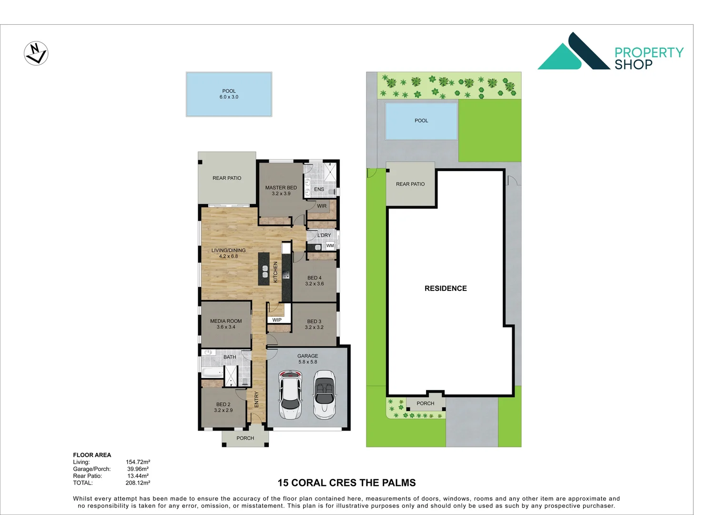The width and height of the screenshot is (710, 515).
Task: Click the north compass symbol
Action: [36, 53]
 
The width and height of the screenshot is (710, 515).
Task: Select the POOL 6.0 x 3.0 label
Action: [229, 94]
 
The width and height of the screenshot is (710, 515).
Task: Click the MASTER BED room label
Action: [281, 190]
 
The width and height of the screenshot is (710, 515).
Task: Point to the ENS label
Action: [319, 189]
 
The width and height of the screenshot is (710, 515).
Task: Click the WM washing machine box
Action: [330, 246]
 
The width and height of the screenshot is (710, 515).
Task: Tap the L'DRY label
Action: [324, 235]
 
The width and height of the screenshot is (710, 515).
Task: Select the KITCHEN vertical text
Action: [275, 272]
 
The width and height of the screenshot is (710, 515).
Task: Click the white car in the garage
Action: [290, 395]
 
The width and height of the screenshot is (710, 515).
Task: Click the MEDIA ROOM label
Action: [226, 324]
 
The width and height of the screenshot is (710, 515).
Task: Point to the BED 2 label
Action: [223, 407]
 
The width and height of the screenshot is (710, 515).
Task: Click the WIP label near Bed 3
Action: [277, 320]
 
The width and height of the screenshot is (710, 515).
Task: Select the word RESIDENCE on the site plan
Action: [446, 288]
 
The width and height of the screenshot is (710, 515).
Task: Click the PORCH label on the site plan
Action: [426, 403]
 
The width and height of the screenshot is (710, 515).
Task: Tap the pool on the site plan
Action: [421, 121]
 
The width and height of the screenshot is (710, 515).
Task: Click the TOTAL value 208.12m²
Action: [138, 483]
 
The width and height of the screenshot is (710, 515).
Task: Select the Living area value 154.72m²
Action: [138, 462]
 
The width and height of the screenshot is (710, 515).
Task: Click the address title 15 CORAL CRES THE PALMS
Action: [346, 483]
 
